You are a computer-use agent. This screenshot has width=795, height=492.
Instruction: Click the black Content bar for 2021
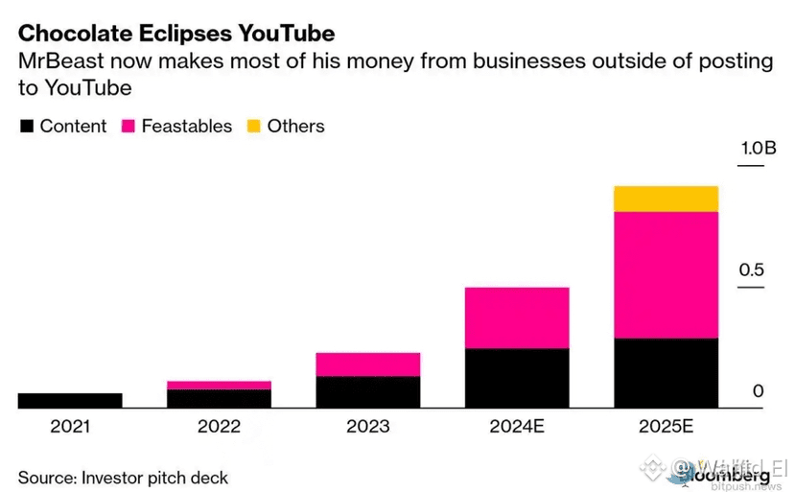(x=70, y=401)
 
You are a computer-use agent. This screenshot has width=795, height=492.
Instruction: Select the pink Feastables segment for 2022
(x=219, y=385)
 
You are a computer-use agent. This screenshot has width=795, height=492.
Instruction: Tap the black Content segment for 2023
(x=367, y=392)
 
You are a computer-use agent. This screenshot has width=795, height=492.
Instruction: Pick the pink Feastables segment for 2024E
(x=517, y=317)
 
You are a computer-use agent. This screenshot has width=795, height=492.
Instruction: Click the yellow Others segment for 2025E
(x=666, y=199)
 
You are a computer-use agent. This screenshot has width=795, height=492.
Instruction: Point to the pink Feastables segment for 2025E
(x=666, y=274)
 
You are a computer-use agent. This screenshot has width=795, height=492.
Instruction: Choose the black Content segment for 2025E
(x=666, y=373)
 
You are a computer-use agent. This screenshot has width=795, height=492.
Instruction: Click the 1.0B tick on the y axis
(x=757, y=149)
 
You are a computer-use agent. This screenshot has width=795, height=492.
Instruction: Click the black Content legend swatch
(x=26, y=127)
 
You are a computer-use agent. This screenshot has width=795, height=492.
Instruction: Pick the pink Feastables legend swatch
(x=128, y=127)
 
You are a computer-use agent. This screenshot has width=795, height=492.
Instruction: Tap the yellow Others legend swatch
(x=254, y=127)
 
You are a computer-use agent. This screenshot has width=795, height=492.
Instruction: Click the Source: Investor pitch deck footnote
(x=123, y=477)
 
